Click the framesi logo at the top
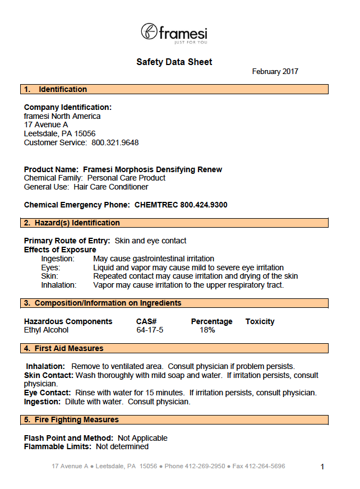coord(174,33)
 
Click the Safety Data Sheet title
coord(174,62)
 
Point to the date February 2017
coord(275,72)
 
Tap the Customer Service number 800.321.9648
coord(115,142)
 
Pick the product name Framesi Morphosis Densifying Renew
coord(153,169)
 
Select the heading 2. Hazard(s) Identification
coord(71,223)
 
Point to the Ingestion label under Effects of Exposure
coord(58,259)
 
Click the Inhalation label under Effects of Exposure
coord(58,285)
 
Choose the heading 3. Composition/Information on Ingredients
coord(102,303)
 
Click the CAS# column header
coord(146,321)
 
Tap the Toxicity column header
coord(260,321)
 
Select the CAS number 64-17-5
coord(150,330)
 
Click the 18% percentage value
coord(207,330)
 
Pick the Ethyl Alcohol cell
coord(46,330)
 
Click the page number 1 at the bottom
coord(322,467)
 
